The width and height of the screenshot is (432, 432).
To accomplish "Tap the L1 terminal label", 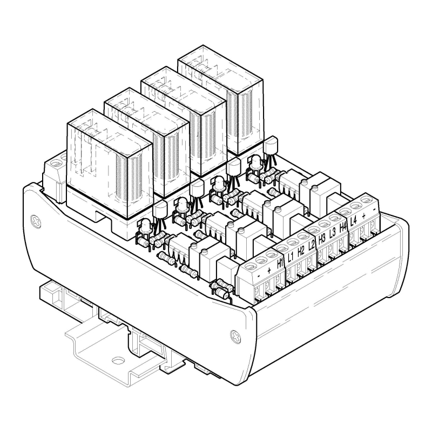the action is coord(291,257).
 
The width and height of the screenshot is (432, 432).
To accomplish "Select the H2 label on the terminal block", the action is coord(301,251).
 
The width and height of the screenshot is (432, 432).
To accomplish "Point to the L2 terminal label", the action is coord(312,245).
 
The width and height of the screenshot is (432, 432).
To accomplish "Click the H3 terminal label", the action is coord(322,239).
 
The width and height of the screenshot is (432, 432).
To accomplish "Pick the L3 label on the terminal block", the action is coord(332,233).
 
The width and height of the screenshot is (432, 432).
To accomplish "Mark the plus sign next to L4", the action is coord(363,215).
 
